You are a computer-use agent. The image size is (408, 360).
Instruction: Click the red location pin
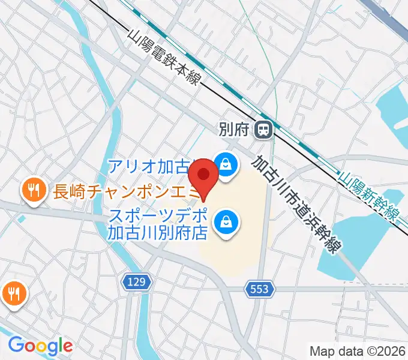tap(204, 176)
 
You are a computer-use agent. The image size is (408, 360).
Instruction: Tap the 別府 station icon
tap(263, 129)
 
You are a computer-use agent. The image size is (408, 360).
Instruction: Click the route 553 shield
tap(260, 290)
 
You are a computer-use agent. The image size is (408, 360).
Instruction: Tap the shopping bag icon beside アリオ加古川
tap(226, 163)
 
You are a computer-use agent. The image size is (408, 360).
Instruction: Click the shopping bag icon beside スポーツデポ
tap(227, 221)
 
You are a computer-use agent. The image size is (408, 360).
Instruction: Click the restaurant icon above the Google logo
tap(13, 293)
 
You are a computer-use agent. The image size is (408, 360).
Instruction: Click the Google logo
tap(40, 346)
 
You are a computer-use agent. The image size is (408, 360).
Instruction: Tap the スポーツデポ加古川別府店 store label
tap(157, 223)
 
